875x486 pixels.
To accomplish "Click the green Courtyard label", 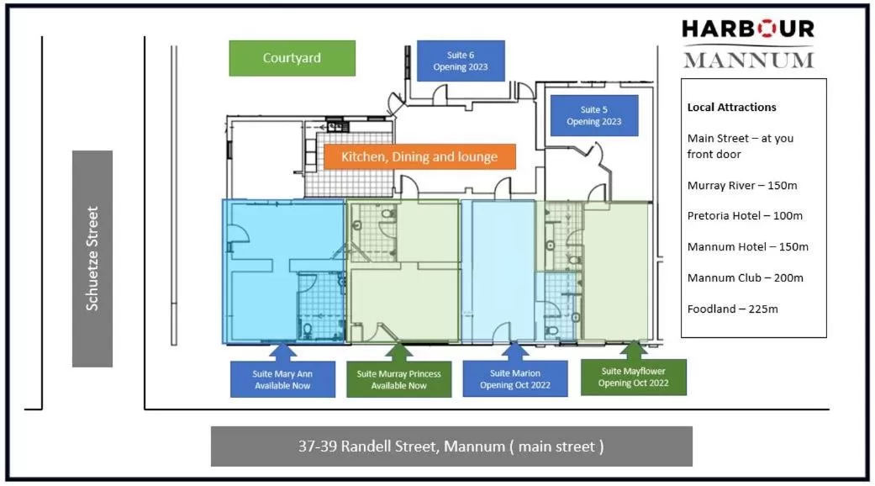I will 292,58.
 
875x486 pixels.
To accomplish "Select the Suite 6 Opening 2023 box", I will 461,61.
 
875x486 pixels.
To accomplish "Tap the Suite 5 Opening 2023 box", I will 593,115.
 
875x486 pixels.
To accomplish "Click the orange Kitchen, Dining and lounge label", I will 419,156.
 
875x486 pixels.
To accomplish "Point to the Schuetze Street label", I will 92,258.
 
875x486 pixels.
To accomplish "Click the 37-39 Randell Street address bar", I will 451,446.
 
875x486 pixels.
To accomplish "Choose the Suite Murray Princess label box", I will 398,379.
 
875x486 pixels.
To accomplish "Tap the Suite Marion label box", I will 515,379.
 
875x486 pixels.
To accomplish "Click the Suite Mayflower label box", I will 635,377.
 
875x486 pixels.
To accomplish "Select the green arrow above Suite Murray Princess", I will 398,351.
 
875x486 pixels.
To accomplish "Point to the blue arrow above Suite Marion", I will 515,351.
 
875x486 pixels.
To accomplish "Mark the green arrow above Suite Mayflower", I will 635,348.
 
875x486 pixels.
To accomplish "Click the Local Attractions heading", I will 731,107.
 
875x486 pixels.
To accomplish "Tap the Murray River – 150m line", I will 745,185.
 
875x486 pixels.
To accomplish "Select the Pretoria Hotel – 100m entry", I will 745,216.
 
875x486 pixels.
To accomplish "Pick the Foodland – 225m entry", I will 732,309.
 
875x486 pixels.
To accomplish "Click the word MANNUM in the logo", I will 748,60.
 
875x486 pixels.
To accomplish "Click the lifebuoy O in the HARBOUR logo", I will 767,29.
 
